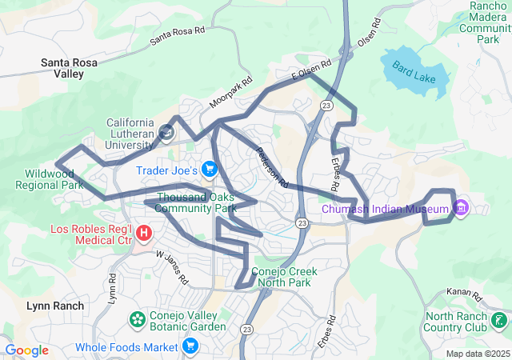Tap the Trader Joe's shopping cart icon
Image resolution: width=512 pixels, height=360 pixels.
210,169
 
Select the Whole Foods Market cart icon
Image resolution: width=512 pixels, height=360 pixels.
190,346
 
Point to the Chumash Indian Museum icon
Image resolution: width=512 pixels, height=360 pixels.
461,209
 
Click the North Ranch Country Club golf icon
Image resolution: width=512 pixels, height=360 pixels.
500,321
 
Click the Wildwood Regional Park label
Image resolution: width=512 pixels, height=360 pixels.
50,178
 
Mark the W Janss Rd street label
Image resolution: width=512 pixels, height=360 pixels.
171,268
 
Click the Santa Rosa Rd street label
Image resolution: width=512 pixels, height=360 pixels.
178,33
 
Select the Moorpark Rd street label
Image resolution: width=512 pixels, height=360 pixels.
231,92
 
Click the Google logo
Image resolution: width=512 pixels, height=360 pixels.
26,350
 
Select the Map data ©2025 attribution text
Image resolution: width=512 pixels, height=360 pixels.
477,354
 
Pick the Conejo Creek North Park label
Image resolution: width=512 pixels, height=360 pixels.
284,277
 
